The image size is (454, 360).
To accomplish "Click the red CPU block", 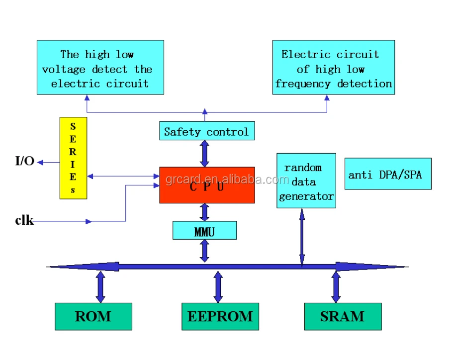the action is pos(207,185).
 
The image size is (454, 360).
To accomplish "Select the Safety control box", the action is pos(207,131).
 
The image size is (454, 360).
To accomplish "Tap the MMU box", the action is pos(205,231).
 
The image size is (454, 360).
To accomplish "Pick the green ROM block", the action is pos(93,317).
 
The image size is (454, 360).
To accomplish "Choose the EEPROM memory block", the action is pos(220,317).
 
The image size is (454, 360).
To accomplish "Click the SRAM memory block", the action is pos(343,317).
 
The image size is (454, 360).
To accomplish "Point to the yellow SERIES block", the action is pos(73,158).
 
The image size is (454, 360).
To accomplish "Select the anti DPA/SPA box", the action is pos(388,174).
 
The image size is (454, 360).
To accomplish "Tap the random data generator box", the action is pos(306,180).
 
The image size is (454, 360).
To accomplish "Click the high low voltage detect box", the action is pos(100,67).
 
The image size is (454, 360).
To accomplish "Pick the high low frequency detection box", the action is pos(334,67).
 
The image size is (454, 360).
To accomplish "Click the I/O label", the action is pos(24,161).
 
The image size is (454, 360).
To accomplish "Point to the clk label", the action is pos(24,220).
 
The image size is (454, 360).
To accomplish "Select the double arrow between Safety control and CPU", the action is pos(205,154).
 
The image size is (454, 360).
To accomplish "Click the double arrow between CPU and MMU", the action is pos(205,212).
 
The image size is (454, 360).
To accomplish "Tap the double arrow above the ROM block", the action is pos(100,287).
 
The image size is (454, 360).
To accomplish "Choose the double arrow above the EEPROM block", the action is pos(218,287).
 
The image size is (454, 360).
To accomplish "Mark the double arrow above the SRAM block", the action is pos(336,287).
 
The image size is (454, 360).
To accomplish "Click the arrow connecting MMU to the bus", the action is pos(205,251).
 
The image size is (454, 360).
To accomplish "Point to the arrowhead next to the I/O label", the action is pos(40,163).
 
